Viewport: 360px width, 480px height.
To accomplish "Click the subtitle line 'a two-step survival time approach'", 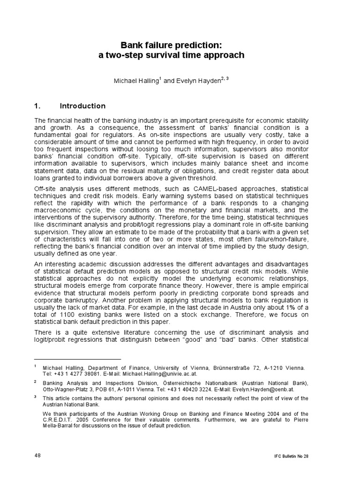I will pyautogui.click(x=171, y=55).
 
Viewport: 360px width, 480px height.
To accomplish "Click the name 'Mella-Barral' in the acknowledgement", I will pyautogui.click(x=60, y=426).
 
